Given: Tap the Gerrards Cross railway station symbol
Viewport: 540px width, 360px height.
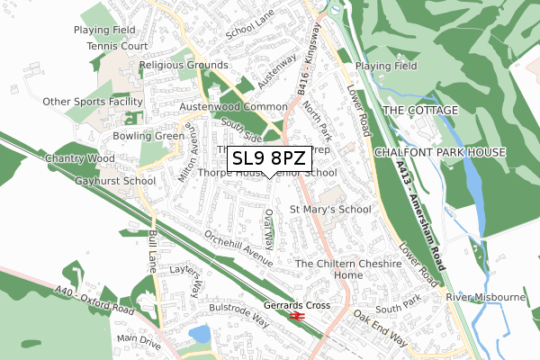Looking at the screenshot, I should (300, 316).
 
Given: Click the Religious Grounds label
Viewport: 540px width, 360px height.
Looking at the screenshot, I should (183, 66).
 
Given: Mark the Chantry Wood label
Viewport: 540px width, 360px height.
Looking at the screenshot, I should (71, 159).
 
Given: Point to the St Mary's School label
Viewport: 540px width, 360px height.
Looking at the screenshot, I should (329, 210).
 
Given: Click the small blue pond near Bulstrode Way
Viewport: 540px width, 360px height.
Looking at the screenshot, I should (200, 335).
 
